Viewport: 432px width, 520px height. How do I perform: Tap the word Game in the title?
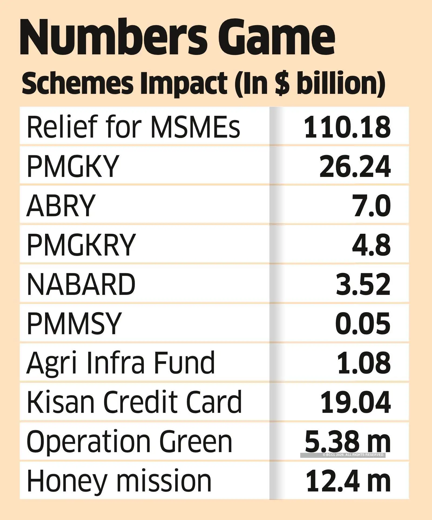point(281,38)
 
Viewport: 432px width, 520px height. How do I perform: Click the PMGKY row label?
point(73,166)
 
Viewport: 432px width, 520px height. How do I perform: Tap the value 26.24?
point(355,166)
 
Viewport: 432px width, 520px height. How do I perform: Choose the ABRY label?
point(61,205)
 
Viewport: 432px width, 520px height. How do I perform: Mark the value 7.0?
point(372,205)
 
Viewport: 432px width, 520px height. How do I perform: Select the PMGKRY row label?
point(81,245)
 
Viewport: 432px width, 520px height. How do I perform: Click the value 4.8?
point(372,245)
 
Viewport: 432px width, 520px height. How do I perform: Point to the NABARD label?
point(81,284)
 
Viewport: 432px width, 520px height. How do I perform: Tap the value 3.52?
point(363,284)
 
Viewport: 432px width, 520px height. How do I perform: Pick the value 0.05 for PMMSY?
point(363,323)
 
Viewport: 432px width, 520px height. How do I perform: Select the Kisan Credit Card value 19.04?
point(356,402)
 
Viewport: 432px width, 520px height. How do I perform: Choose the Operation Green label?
point(130,442)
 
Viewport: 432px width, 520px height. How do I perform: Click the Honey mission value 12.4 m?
point(348,481)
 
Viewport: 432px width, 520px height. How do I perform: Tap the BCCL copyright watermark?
point(353,455)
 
